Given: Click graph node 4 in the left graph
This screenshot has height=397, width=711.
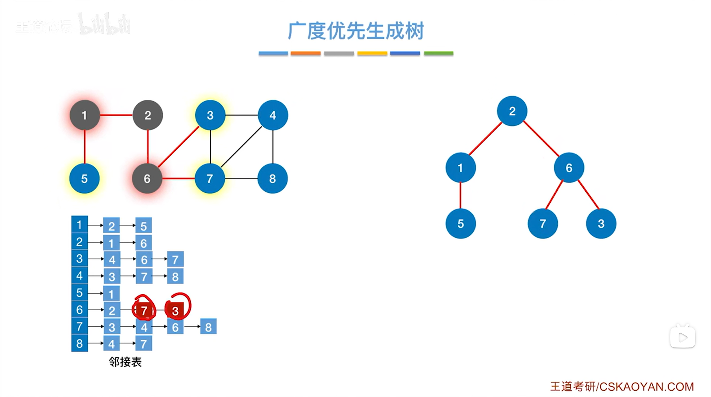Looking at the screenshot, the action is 273,115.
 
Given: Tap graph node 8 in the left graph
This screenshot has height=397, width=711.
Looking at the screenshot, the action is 272,179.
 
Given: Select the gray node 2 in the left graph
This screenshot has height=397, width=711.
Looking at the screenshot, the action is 148,115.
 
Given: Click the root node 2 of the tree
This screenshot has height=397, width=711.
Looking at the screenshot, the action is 512,111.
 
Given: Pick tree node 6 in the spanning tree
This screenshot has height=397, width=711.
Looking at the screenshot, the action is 569,168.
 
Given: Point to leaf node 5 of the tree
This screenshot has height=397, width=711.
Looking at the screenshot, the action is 460,224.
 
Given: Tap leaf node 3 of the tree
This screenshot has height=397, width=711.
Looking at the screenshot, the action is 601,224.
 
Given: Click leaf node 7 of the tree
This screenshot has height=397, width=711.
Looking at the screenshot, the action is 542,224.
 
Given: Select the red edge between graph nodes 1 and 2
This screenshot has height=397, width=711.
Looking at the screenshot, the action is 116,115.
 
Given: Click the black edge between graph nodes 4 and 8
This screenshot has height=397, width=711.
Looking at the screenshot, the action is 273,147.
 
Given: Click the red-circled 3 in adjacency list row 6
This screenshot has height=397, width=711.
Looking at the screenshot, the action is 175,311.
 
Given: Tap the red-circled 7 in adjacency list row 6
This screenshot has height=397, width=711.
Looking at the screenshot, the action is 144,311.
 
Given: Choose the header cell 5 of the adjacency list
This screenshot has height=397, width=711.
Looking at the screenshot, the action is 79,293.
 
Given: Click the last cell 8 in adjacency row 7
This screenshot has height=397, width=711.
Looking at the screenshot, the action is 208,327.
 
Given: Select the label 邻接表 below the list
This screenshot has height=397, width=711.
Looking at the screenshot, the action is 125,362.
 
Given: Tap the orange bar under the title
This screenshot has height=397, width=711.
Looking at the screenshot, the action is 305,54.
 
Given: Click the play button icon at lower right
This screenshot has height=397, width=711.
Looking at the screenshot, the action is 682,337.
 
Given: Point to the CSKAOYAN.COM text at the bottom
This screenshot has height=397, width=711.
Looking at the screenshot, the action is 646,387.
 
